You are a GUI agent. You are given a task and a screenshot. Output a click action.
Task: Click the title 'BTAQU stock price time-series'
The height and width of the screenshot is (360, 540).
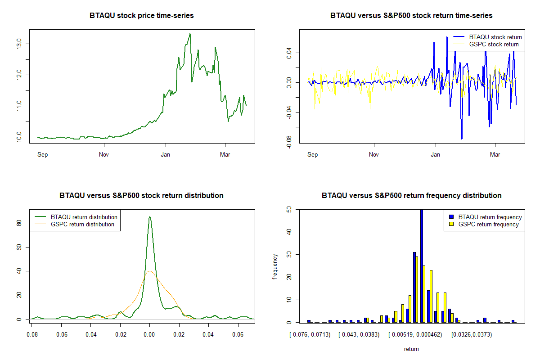(x=142, y=16)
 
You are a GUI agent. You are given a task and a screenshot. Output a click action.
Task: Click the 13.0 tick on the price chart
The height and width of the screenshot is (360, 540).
(x=18, y=44)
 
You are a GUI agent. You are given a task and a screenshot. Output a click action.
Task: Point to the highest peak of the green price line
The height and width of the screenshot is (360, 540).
(x=190, y=34)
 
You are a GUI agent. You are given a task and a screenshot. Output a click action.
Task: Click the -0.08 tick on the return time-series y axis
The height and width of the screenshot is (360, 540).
(x=288, y=143)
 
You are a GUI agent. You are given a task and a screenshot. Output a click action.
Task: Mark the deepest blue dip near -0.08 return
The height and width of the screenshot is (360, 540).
(x=462, y=139)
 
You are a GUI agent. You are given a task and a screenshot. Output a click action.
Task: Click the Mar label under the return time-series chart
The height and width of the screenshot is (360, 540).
(x=495, y=155)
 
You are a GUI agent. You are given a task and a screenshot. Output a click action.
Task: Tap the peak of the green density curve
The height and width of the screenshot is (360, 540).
(x=149, y=216)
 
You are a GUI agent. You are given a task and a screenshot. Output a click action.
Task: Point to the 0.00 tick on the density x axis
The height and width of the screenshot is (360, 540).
(x=149, y=335)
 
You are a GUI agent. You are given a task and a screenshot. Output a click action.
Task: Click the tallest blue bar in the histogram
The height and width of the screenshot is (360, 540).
(x=422, y=265)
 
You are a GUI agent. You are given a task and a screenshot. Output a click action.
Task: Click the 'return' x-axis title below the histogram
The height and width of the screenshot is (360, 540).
(x=411, y=349)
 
